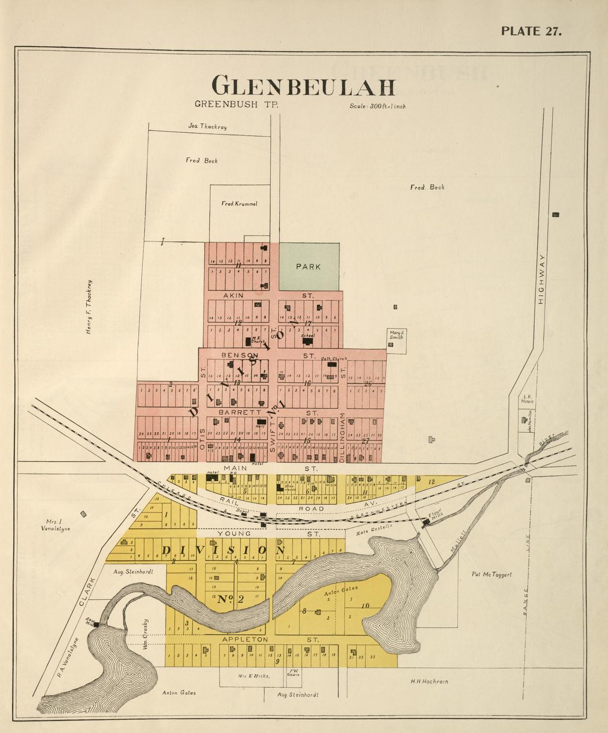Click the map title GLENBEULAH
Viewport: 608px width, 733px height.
(x=304, y=86)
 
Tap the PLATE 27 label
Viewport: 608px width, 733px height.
(x=531, y=30)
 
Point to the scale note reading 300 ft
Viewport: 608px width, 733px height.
(x=378, y=106)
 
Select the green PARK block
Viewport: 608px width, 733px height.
(x=309, y=266)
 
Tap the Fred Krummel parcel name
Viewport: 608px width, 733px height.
(x=239, y=203)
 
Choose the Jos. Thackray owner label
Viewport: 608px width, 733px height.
(x=208, y=126)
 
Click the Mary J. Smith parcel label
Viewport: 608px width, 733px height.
(x=397, y=335)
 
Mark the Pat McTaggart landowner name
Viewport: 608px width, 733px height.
(x=491, y=574)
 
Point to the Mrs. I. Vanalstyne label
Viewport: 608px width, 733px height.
(x=55, y=525)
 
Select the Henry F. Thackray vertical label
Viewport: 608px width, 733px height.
(x=89, y=307)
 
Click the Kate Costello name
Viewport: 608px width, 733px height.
(x=374, y=529)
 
